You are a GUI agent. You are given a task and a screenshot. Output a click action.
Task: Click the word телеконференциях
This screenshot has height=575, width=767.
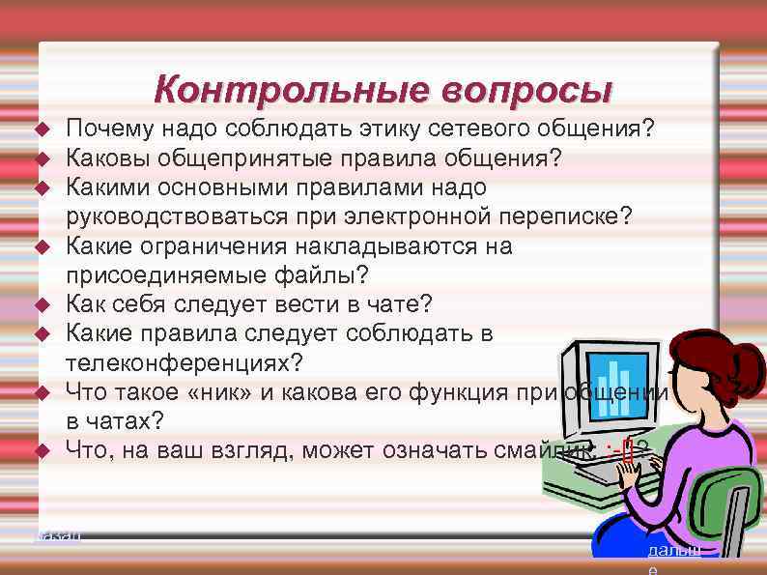183,363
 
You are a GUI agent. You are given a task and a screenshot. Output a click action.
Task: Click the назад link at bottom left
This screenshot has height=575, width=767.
57,532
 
